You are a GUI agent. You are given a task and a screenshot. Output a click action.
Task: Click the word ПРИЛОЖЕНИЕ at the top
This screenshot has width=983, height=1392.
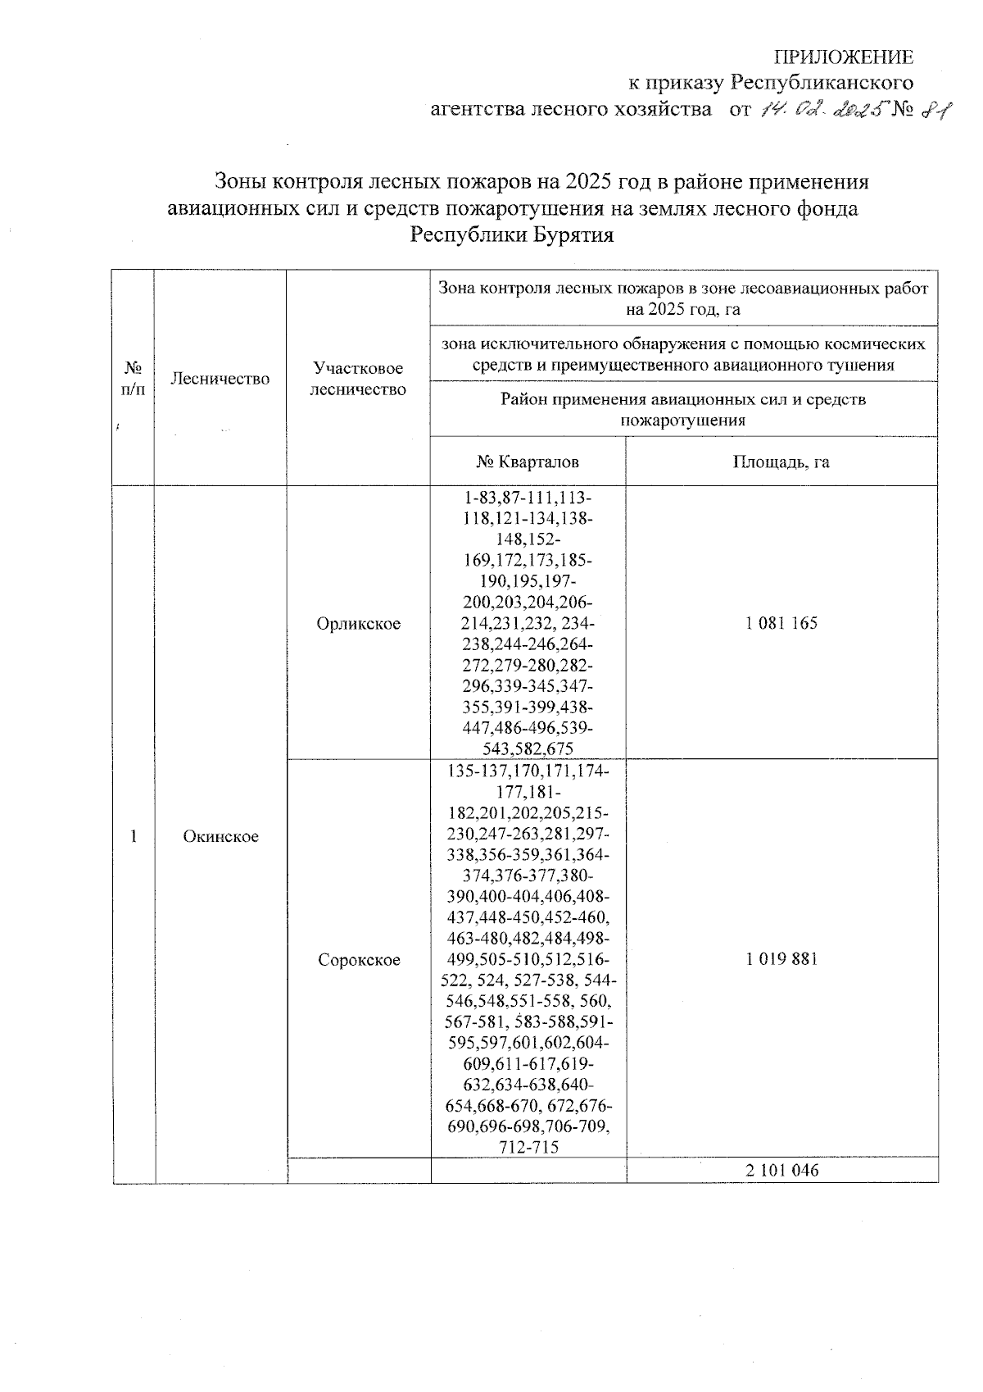844,57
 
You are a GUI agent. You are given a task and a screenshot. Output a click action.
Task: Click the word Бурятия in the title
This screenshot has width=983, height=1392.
573,235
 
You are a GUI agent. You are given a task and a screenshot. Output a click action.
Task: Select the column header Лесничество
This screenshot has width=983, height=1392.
220,378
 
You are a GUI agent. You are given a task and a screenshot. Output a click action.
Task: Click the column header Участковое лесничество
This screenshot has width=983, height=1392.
358,379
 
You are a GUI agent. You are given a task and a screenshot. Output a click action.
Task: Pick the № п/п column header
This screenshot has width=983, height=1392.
134,378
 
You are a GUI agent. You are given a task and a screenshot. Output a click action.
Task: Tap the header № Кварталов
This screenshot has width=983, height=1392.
528,462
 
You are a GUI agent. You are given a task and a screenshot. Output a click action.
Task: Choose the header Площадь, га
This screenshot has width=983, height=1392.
781,462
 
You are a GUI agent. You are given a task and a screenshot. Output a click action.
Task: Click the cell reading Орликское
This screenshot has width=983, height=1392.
359,624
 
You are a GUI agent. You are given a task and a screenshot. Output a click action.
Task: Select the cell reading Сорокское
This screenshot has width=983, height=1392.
359,960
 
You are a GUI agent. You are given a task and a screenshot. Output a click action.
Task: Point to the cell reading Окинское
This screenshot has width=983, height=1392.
220,836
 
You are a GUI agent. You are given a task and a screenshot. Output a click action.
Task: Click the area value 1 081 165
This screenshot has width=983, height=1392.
781,624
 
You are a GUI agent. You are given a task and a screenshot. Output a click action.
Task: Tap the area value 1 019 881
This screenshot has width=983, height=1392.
781,960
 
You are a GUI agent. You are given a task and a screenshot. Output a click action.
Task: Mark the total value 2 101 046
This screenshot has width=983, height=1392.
781,1171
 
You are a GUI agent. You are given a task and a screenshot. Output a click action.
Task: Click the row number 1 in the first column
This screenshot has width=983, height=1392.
134,836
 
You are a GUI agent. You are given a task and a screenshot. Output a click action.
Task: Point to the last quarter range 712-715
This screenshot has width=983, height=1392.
528,1147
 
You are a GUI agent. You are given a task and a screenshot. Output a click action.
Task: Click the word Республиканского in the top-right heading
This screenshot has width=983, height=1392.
822,83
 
